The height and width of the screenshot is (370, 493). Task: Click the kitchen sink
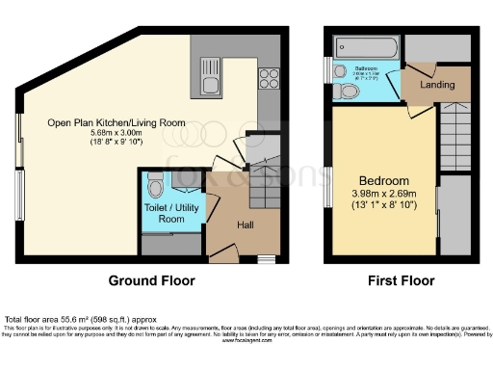[x=211, y=77]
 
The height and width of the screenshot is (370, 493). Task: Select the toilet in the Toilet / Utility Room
[x=156, y=183]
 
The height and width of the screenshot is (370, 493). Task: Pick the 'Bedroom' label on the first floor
[x=384, y=180]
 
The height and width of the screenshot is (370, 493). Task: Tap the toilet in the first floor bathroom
[x=349, y=92]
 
